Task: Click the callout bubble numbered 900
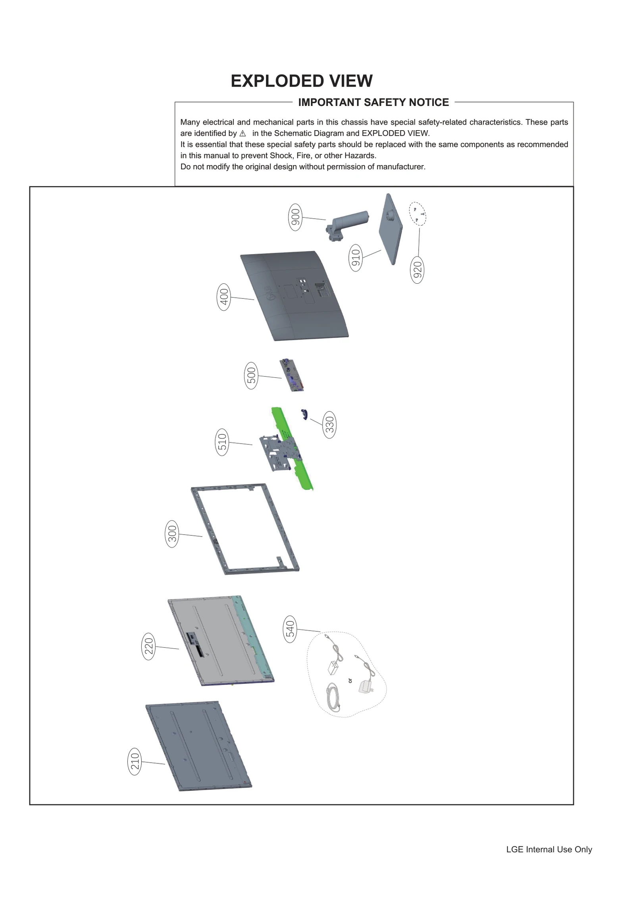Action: tap(295, 217)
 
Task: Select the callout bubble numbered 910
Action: tap(356, 258)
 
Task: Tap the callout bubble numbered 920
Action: tap(417, 270)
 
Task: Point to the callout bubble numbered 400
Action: tap(224, 297)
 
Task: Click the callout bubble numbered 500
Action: tap(251, 375)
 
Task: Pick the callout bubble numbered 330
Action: tap(329, 425)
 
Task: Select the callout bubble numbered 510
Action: tap(222, 442)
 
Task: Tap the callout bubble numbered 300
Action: tap(172, 534)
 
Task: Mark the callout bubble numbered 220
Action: tap(148, 646)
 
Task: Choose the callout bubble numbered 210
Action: tap(135, 761)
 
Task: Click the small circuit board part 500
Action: tap(292, 375)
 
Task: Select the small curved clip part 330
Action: tap(304, 414)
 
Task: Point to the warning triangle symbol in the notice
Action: tap(242, 134)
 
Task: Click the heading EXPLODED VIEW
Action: tap(301, 81)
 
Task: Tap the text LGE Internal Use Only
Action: tap(548, 849)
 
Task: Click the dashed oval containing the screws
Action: tap(418, 214)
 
